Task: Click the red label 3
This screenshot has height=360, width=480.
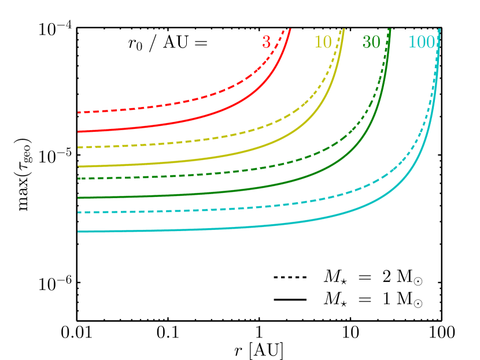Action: (266, 42)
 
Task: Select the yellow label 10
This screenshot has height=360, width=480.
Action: (323, 42)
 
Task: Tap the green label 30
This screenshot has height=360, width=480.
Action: (371, 42)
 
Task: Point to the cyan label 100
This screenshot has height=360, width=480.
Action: (421, 42)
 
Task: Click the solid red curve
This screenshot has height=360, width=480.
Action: (173, 124)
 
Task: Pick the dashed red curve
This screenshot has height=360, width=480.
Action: (173, 104)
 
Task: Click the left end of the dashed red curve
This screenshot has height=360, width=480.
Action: (78, 112)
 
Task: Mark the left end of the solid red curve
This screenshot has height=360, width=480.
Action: (78, 132)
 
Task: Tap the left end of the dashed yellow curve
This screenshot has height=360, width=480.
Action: (78, 147)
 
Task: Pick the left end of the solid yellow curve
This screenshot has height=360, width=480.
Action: (78, 166)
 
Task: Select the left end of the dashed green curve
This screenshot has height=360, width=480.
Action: (78, 179)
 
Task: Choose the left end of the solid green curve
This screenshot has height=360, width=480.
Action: (78, 198)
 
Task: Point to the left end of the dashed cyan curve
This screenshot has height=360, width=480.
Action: (78, 213)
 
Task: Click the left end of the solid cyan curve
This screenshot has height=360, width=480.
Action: (78, 232)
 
